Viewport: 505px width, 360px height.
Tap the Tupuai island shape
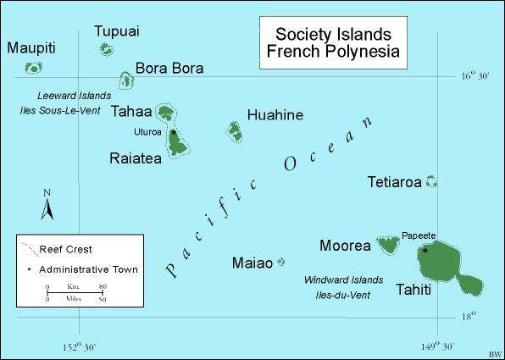(107, 49)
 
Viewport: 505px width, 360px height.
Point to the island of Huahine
(235, 130)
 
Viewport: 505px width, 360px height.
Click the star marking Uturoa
(173, 132)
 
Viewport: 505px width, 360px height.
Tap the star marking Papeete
(425, 250)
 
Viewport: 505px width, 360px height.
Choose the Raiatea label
(136, 158)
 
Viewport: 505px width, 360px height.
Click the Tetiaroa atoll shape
(430, 180)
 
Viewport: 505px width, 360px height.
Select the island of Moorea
(389, 246)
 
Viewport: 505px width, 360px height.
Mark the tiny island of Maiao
(280, 263)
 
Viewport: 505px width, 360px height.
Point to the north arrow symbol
(48, 205)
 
